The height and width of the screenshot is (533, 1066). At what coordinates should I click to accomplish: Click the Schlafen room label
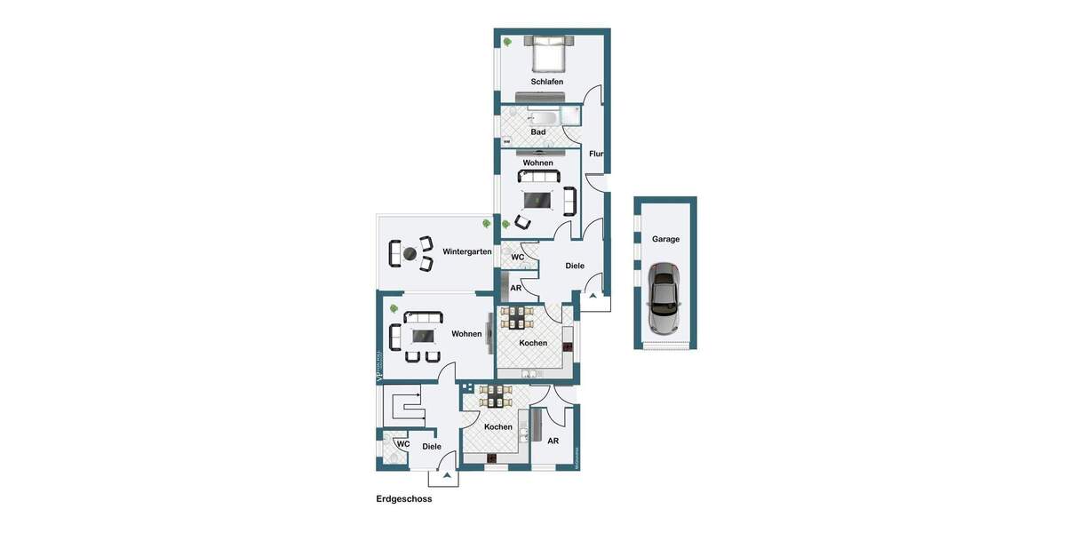pos(547,82)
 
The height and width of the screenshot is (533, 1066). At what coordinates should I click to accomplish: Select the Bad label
pos(538,132)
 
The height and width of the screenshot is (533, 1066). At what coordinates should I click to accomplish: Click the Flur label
pos(596,154)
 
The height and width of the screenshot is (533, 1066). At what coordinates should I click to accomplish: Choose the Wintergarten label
pos(467,252)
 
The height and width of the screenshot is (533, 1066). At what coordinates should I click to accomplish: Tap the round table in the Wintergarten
pos(410,254)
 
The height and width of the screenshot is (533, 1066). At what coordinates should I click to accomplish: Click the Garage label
pos(665,239)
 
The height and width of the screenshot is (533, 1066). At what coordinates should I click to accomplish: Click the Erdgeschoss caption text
pos(404,499)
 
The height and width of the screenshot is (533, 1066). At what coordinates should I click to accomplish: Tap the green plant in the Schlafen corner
pos(507,42)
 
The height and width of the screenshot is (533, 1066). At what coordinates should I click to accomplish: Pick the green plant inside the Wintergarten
pos(486,223)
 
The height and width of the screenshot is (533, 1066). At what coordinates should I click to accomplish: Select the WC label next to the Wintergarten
pos(517,258)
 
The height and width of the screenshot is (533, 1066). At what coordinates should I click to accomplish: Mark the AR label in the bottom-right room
pos(553,442)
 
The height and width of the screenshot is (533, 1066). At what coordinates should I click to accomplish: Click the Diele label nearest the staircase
pos(432,447)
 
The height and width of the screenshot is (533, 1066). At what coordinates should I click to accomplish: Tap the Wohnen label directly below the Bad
pos(538,163)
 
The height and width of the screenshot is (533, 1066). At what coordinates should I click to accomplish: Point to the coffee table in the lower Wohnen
pos(423,336)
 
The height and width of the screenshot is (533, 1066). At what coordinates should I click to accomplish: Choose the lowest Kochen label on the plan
pos(498,427)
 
